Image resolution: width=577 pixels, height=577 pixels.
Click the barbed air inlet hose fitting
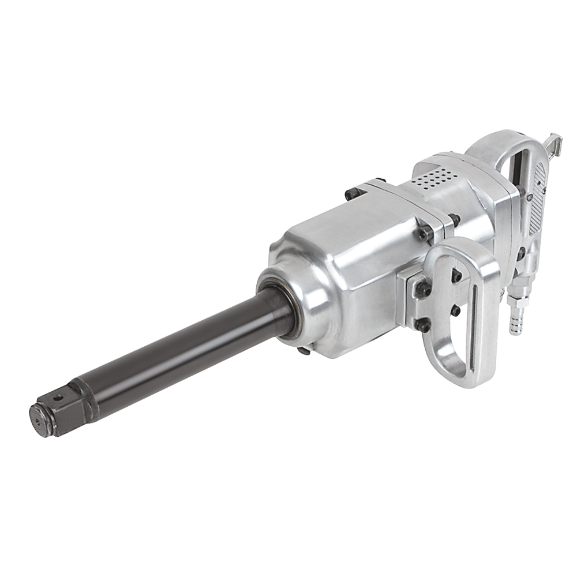tap(514, 320)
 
